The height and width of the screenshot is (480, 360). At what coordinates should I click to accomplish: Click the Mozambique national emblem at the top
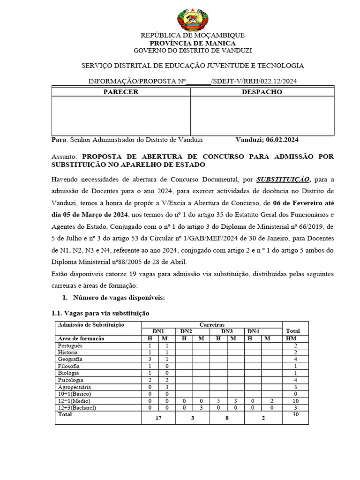click(x=192, y=19)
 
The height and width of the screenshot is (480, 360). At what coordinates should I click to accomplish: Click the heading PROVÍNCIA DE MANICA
click(x=193, y=43)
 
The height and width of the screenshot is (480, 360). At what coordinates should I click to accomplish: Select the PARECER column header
click(x=120, y=92)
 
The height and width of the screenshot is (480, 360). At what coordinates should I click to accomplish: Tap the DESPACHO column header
click(x=262, y=92)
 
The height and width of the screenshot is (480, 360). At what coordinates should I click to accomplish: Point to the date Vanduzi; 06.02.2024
click(x=267, y=140)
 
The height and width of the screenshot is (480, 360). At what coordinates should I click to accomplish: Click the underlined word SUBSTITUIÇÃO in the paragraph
click(x=283, y=179)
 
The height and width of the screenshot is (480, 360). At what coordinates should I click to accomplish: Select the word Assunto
click(x=65, y=157)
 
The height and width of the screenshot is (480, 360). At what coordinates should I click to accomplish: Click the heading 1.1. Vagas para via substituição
click(x=100, y=313)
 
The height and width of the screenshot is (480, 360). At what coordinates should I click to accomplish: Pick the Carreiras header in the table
click(x=212, y=324)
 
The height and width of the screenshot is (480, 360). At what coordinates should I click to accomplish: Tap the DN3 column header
click(x=227, y=331)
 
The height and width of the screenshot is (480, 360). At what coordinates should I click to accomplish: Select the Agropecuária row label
click(x=74, y=387)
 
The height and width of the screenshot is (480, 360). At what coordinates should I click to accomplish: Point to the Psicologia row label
click(x=71, y=380)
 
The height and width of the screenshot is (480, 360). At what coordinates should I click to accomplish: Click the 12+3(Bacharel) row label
click(x=77, y=408)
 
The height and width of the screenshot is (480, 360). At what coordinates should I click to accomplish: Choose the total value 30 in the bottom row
click(x=295, y=414)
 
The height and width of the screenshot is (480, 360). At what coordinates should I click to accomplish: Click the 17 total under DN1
click(x=158, y=418)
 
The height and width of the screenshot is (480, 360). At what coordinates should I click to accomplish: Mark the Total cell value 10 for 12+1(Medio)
click(x=295, y=401)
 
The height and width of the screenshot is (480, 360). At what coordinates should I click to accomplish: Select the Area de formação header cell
click(x=81, y=338)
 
